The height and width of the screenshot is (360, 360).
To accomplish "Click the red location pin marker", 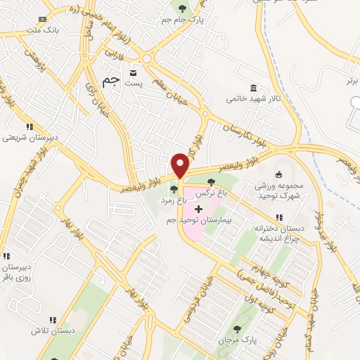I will [181, 165].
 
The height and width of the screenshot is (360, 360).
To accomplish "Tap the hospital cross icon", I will [198, 209].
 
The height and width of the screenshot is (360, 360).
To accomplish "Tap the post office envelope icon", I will [132, 72].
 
